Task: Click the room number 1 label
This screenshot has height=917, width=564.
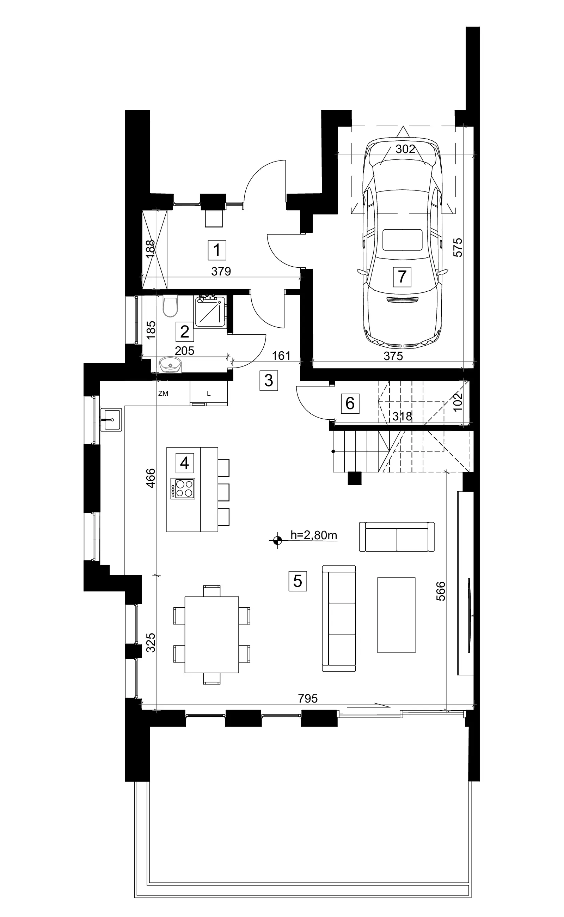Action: click(x=217, y=250)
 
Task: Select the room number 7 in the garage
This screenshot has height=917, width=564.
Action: click(x=402, y=277)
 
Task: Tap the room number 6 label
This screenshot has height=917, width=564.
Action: click(x=350, y=403)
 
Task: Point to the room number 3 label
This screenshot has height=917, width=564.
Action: click(x=269, y=381)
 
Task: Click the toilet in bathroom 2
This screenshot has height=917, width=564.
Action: click(x=171, y=306)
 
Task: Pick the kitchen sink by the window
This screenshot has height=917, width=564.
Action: click(x=111, y=420)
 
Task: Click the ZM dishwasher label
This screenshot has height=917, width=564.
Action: click(x=163, y=393)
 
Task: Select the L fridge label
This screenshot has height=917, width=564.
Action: click(x=209, y=394)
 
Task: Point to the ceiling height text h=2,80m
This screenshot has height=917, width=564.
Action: click(x=314, y=535)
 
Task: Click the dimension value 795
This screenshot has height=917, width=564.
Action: click(x=308, y=698)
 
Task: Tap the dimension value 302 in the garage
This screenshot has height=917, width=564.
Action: click(x=405, y=149)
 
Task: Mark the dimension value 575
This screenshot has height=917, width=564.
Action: click(x=458, y=248)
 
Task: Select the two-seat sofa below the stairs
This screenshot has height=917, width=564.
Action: click(x=397, y=537)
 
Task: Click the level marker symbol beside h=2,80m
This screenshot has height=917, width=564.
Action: click(x=277, y=540)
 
